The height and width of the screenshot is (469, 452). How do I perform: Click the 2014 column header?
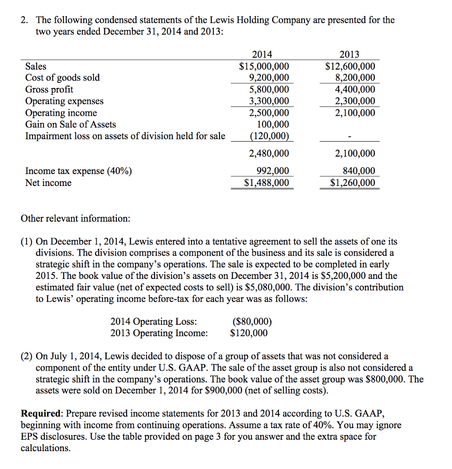click(264, 55)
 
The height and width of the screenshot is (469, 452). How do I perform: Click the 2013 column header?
click(350, 55)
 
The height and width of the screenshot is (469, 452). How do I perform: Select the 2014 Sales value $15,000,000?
click(264, 66)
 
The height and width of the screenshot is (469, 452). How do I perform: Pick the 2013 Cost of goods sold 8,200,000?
click(355, 78)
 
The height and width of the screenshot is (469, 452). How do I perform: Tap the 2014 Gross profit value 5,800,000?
click(269, 89)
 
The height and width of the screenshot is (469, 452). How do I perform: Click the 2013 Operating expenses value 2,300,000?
click(355, 101)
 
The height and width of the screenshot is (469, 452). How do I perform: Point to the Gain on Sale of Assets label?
click(71, 125)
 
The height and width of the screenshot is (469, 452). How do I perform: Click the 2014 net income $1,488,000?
click(267, 183)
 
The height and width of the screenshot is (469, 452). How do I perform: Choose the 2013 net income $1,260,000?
click(352, 183)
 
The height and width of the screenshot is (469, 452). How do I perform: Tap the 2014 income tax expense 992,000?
click(273, 171)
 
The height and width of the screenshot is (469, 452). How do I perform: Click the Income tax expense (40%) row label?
click(78, 171)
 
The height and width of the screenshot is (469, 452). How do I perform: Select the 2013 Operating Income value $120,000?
click(249, 333)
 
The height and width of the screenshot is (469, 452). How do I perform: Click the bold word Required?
click(40, 414)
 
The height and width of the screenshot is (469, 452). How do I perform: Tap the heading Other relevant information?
click(76, 218)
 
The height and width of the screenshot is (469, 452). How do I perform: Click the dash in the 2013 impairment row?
click(349, 136)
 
